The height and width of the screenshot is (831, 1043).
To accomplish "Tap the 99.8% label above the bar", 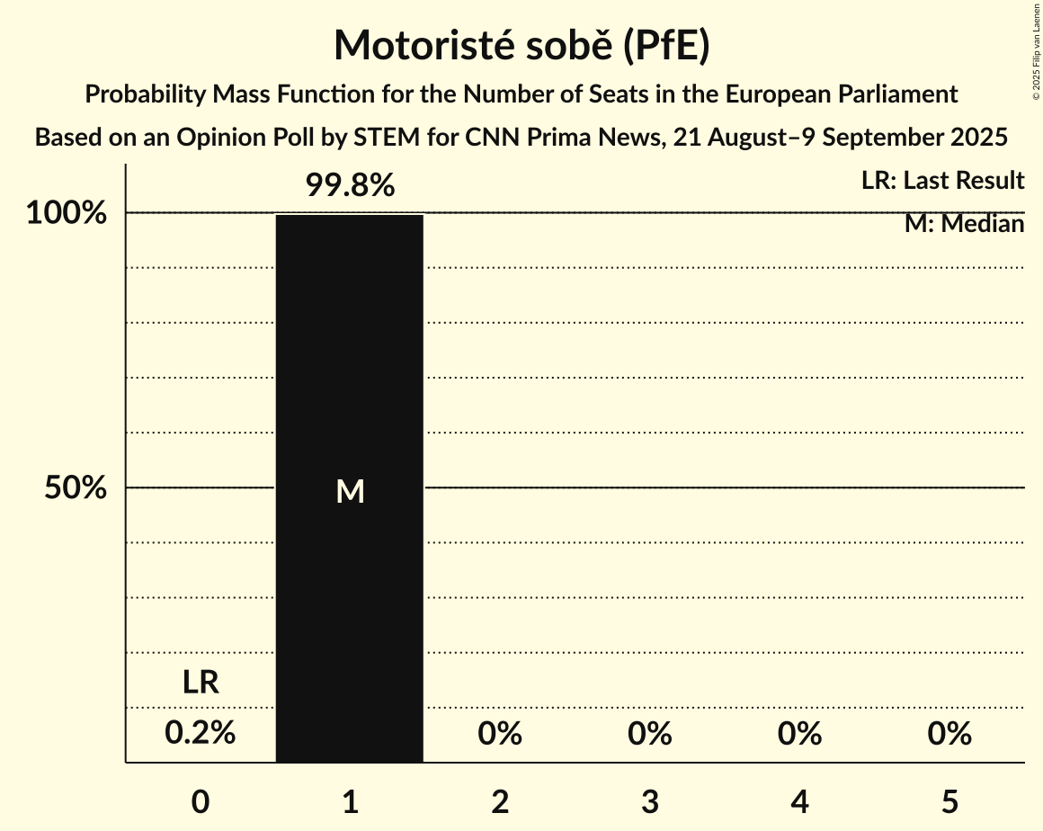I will [x=350, y=186].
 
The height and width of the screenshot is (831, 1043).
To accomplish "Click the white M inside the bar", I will [x=350, y=491].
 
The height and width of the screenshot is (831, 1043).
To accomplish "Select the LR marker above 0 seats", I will [x=201, y=683].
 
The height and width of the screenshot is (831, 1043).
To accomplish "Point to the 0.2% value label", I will [x=201, y=734].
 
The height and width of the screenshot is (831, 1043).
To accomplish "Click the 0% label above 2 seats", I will [x=500, y=734].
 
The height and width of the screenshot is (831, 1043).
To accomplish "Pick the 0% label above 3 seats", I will [x=650, y=734].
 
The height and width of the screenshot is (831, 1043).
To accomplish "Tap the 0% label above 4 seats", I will [x=799, y=734].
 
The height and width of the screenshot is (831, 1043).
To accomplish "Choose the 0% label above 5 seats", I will [x=949, y=734].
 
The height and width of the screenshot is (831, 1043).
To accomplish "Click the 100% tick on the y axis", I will [x=67, y=214].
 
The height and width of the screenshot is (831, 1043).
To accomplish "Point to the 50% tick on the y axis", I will [x=76, y=488].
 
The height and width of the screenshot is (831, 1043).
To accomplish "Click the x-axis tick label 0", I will [x=201, y=801].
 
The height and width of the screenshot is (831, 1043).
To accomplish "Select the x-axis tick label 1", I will [x=350, y=801].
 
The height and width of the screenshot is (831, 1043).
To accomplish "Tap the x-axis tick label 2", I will [x=500, y=801].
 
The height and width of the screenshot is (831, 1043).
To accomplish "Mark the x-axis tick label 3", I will [x=650, y=801].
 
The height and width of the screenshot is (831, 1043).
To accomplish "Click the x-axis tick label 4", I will [x=799, y=801].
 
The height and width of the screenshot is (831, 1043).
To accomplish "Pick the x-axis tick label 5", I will [x=949, y=801].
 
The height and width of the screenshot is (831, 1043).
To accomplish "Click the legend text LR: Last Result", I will [x=942, y=181].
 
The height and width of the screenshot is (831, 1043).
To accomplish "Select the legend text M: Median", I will [x=964, y=224].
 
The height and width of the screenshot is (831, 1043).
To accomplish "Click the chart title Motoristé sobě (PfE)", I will [x=521, y=46].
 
